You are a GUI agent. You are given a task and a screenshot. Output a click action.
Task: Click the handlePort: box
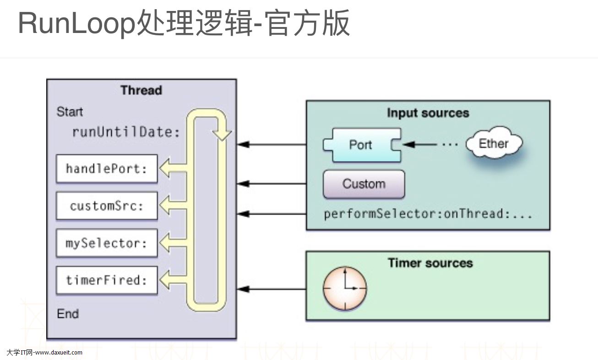[107, 169]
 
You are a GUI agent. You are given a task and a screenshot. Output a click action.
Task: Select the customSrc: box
[107, 206]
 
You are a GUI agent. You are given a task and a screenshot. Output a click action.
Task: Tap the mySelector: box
[107, 243]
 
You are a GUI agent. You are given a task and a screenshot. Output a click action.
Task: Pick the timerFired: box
[107, 280]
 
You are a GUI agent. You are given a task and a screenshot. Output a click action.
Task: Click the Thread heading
[141, 90]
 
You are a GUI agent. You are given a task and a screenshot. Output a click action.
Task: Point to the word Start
[70, 112]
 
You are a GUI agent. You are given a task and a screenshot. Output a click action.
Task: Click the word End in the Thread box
[68, 314]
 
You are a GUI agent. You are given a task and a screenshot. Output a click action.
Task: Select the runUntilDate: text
[126, 132]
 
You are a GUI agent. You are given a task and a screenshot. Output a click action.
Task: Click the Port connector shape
[361, 145]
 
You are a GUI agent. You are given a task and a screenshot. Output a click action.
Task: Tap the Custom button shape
[364, 184]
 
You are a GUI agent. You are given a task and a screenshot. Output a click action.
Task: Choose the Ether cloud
[494, 144]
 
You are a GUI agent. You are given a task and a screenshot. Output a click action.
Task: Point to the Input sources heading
[428, 113]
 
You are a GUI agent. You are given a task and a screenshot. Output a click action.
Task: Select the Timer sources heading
[430, 263]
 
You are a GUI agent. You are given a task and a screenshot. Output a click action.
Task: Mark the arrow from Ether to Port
[420, 145]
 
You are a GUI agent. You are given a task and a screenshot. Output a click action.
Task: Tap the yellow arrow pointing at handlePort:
[172, 169]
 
